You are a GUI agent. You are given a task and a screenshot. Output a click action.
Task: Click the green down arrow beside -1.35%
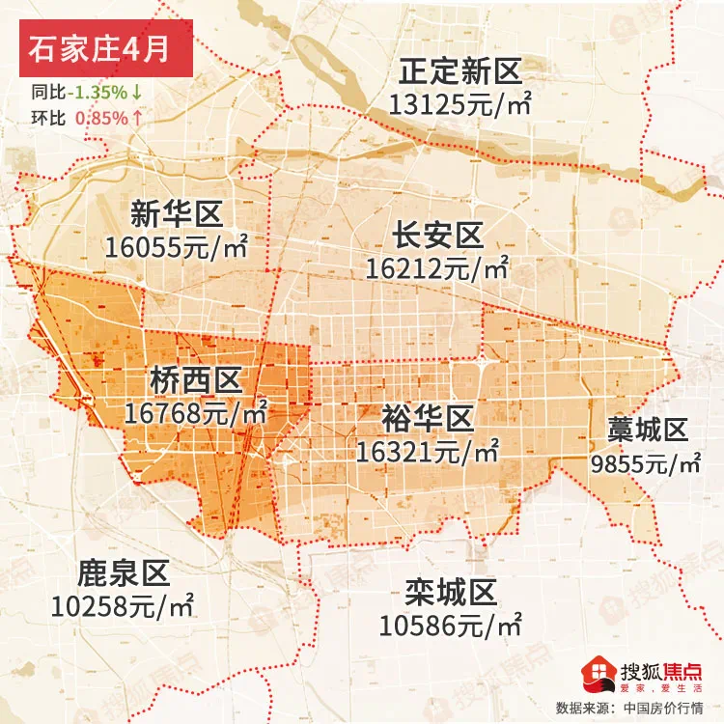pos(137,93)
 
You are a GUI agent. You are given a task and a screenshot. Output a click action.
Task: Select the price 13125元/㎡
pos(460,103)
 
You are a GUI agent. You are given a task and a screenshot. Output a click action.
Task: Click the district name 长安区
pos(436,235)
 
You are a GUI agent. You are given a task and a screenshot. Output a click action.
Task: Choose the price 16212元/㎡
pos(436,267)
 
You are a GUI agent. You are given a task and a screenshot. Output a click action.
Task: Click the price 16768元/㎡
pos(196,413)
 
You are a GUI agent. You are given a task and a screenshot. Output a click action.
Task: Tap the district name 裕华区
pos(428,418)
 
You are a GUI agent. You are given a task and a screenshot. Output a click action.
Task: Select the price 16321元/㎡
pos(428,451)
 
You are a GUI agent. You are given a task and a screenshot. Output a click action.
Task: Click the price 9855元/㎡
pos(646,463)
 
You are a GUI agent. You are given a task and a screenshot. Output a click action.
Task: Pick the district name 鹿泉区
pos(123,574)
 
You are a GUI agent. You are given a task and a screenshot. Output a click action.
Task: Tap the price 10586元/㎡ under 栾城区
pos(451,624)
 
